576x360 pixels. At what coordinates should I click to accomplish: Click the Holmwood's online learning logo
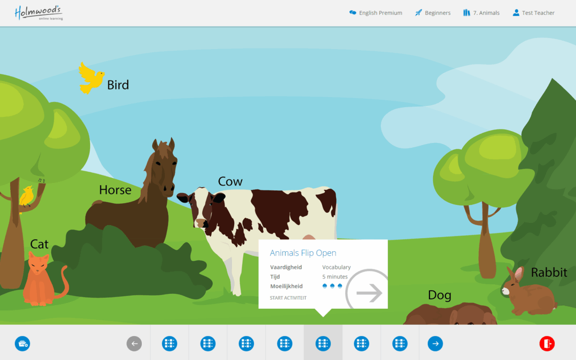38,13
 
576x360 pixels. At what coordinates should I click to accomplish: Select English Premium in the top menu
375,13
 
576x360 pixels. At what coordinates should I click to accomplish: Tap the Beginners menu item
433,13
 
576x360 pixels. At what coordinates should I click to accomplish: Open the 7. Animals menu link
481,13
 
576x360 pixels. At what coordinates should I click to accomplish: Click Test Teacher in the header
533,13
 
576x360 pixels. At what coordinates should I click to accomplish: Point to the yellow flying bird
91,78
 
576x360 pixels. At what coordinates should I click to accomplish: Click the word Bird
118,85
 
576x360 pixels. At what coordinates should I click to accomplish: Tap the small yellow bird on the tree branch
27,196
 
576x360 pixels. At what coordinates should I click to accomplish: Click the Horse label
115,190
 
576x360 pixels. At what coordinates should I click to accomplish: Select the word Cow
230,181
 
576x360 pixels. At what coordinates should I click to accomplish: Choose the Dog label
439,295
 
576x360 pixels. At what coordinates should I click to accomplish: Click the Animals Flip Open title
303,253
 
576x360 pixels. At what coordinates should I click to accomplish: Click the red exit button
547,344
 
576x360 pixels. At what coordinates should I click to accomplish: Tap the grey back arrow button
134,344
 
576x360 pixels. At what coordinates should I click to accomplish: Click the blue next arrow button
435,344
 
